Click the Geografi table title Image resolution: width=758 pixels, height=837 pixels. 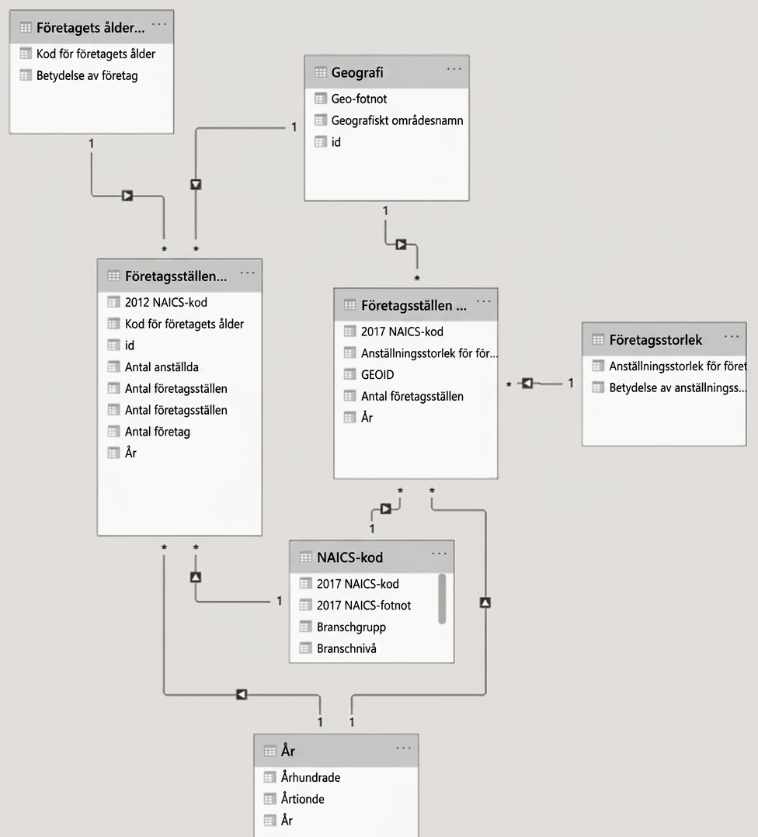[x=357, y=73]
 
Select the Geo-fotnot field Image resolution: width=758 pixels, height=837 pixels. [x=359, y=99]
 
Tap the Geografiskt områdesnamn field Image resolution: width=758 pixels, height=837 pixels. [x=397, y=120]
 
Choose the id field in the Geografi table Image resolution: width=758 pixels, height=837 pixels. [x=336, y=142]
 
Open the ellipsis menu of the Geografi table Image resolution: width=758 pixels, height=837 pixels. [x=454, y=69]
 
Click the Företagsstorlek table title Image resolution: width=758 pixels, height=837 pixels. [x=655, y=340]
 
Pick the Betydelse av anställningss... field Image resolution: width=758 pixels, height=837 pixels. [x=678, y=388]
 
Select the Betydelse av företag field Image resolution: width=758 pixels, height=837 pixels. [x=87, y=76]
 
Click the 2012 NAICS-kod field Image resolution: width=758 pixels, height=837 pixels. [x=166, y=303]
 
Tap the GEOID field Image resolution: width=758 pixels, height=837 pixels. [x=377, y=375]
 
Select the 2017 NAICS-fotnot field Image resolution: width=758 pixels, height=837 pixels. [x=364, y=606]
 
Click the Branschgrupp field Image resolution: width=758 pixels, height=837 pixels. [x=351, y=627]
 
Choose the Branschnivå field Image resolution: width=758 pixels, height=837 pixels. [x=346, y=648]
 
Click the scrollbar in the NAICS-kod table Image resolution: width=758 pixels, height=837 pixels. [x=442, y=599]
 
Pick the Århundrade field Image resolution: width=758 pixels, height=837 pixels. [x=311, y=778]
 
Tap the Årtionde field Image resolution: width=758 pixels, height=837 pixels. [x=303, y=799]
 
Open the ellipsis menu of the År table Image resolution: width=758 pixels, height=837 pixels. [x=404, y=748]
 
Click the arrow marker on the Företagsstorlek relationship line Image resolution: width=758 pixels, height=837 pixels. [x=527, y=384]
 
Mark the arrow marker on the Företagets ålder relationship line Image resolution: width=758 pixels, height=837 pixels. [x=127, y=196]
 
